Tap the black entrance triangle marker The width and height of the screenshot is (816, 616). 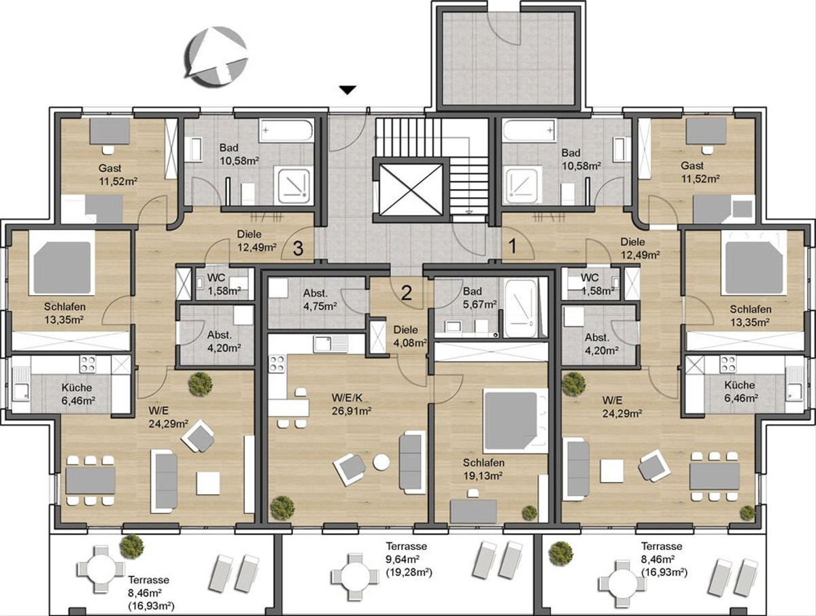pos(347,90)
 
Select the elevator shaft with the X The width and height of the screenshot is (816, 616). pos(411,190)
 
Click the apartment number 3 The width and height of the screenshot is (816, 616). pos(298,249)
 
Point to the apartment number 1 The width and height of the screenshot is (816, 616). pos(513,246)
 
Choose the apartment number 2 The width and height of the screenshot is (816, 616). pos(407,293)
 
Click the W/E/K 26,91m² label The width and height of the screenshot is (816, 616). pos(352,405)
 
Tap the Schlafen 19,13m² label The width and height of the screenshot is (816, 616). pos(483,469)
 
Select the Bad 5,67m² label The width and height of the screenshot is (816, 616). pos(479,298)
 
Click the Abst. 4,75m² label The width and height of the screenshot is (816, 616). pos(320,299)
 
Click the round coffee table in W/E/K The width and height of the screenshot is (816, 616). pos(381,462)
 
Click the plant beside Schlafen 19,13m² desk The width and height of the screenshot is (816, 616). pos(529,513)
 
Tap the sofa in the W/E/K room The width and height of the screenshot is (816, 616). pos(412,462)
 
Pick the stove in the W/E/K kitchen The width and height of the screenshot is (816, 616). pos(277,363)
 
